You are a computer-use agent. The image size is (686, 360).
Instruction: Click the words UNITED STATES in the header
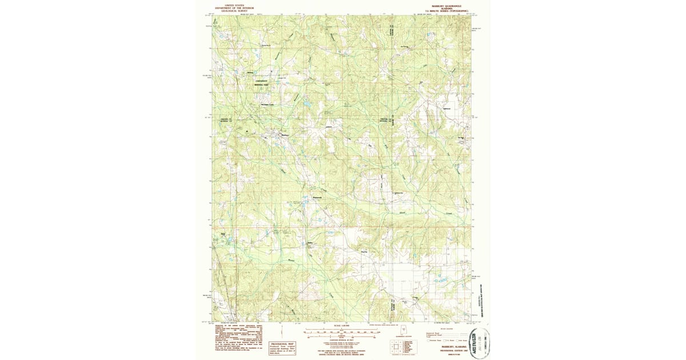(x=230, y=5)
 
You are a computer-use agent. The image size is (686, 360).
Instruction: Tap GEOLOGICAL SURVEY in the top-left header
(x=230, y=10)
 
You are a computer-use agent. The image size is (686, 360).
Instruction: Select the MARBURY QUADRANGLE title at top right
(x=445, y=5)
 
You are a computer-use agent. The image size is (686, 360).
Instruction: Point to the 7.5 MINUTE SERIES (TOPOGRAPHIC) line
(x=445, y=11)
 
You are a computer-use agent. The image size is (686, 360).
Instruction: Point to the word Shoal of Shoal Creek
(x=402, y=213)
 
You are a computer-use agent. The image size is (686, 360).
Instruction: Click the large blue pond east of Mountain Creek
(x=307, y=105)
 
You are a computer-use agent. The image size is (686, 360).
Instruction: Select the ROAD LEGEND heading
(x=445, y=330)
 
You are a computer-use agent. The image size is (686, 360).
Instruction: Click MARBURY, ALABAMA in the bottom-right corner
(x=452, y=346)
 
